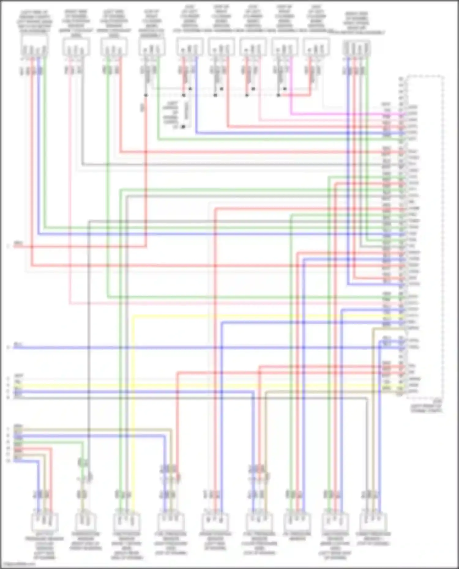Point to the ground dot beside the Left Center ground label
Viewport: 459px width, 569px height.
tap(183, 127)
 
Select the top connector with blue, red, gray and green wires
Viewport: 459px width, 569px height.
tap(357, 48)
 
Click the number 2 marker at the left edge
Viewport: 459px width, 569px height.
tap(8, 348)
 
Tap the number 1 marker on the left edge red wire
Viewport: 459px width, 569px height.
tap(8, 246)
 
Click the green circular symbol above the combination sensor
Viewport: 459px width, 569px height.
tap(82, 463)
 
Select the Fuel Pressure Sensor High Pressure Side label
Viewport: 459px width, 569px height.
tap(170, 543)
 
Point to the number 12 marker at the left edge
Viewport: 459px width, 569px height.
tap(8, 460)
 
